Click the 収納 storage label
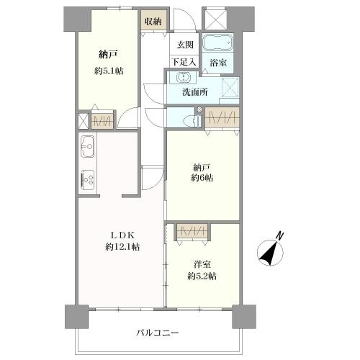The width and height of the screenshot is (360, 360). click(x=153, y=22)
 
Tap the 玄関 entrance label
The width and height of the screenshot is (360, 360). click(x=185, y=45)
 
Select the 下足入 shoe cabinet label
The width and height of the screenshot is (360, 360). click(x=184, y=63)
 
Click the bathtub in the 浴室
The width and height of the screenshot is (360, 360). click(x=217, y=42)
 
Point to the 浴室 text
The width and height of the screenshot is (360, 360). click(x=218, y=63)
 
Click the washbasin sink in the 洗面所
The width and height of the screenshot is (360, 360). click(x=184, y=77)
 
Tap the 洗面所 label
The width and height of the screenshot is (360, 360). click(x=195, y=92)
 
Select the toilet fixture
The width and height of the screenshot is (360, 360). click(x=194, y=120)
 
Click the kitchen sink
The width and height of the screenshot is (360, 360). click(x=87, y=146)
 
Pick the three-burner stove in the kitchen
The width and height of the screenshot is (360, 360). click(x=87, y=180)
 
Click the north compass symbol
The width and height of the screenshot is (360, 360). click(x=270, y=253)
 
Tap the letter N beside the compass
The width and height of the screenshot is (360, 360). click(x=279, y=235)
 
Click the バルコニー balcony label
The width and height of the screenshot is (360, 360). click(x=158, y=333)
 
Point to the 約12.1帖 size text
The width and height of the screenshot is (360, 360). click(x=122, y=247)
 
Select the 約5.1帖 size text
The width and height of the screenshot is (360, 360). click(x=109, y=71)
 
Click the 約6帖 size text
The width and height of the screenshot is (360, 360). click(x=202, y=178)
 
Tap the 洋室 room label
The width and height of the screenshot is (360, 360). click(x=202, y=264)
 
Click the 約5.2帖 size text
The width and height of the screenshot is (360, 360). click(x=202, y=276)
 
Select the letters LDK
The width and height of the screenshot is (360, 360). click(x=122, y=235)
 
